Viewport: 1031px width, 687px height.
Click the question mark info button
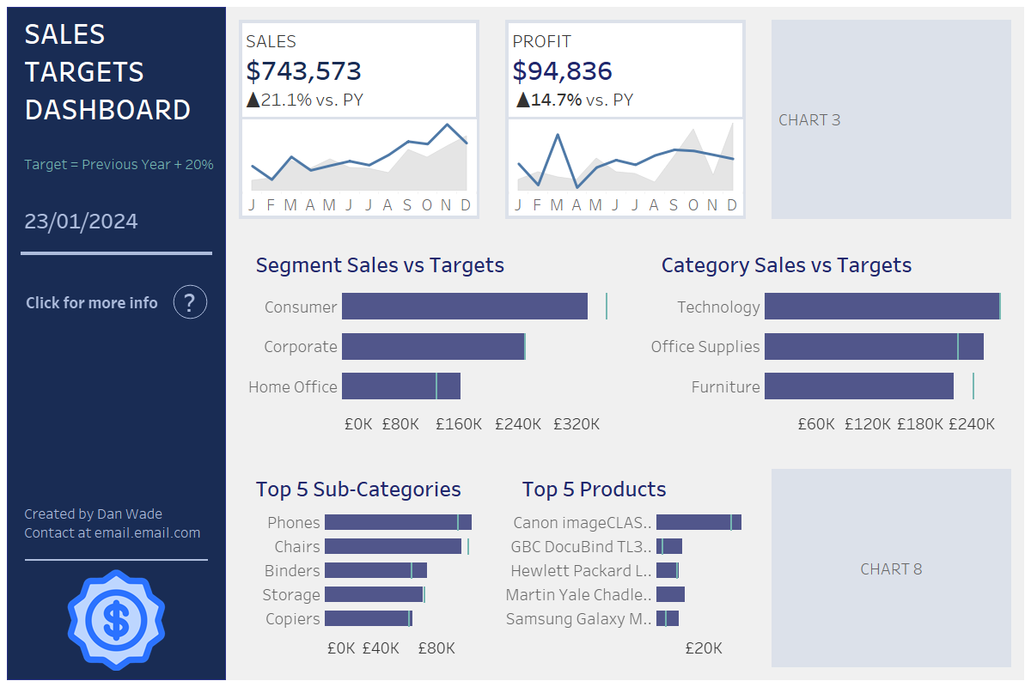190,302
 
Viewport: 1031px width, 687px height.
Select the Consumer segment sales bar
464,307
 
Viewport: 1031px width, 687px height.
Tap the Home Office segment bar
400,386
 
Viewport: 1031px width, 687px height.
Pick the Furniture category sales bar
858,386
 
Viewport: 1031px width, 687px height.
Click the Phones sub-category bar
398,522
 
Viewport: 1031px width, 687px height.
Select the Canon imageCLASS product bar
698,522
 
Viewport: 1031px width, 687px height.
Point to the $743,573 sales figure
303,71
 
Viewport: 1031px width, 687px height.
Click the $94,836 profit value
562,71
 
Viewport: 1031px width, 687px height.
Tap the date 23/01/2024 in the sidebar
81,222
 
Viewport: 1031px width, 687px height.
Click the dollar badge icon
116,619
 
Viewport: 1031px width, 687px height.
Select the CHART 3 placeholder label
809,120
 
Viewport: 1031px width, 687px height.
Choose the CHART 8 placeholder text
891,569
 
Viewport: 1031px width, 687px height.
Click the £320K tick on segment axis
576,424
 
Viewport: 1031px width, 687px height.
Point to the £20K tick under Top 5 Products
703,648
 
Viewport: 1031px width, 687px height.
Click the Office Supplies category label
705,347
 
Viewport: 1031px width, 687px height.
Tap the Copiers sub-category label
292,619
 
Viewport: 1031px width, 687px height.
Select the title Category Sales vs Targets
786,265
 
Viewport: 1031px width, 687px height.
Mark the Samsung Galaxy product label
578,619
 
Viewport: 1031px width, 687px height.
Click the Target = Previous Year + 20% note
119,164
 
